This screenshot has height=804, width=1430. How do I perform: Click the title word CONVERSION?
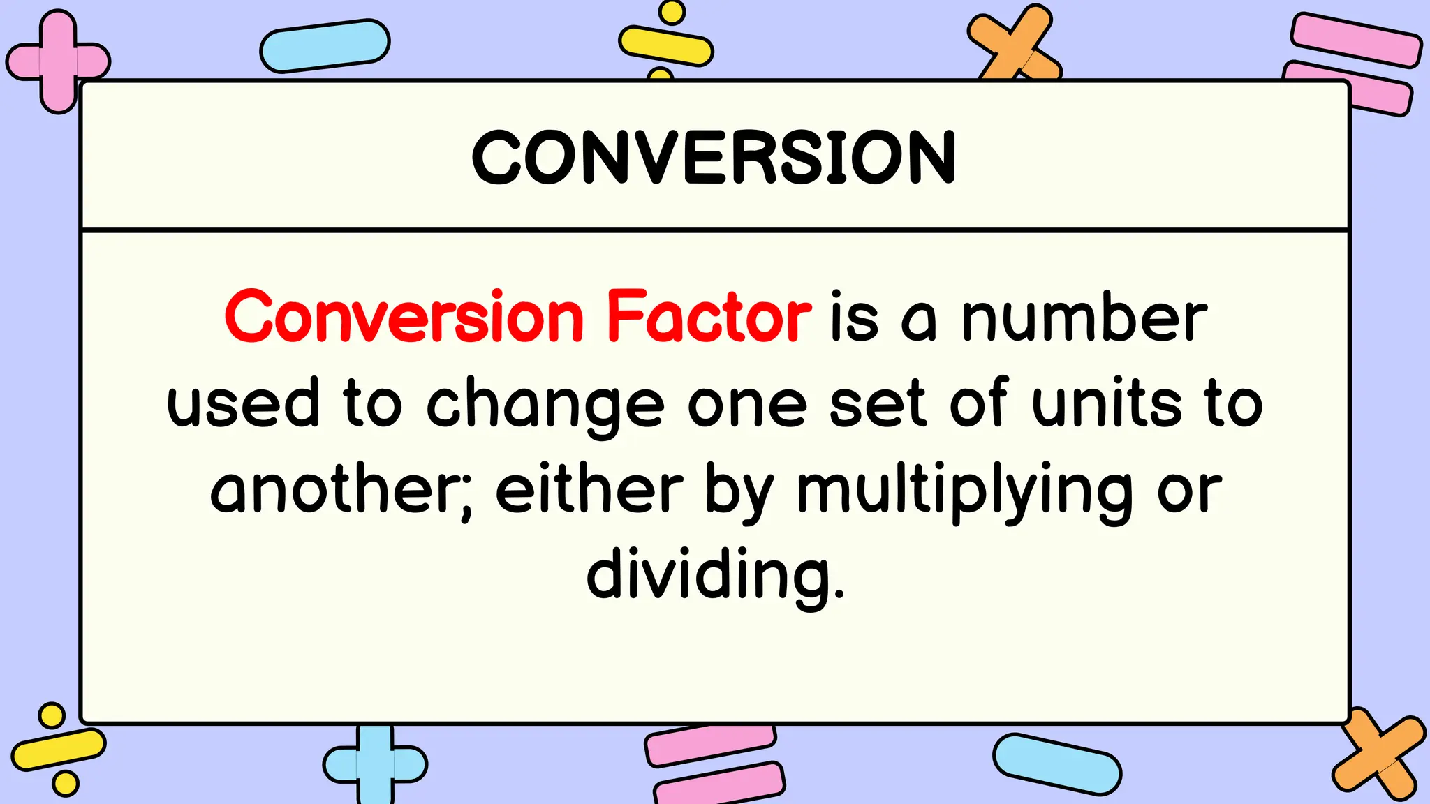pos(714,158)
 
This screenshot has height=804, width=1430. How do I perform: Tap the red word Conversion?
pos(404,318)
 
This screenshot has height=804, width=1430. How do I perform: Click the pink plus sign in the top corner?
pos(58,61)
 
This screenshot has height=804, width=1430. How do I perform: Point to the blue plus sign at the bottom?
pos(375,764)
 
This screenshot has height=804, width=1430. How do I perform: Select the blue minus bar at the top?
pos(325,45)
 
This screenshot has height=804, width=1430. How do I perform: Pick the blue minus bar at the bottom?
pos(1056,764)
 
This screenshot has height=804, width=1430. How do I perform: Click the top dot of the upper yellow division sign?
pos(672,12)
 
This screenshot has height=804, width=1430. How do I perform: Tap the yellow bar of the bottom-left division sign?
pos(59,750)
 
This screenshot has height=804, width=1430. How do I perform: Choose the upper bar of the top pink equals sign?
pos(1355,40)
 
